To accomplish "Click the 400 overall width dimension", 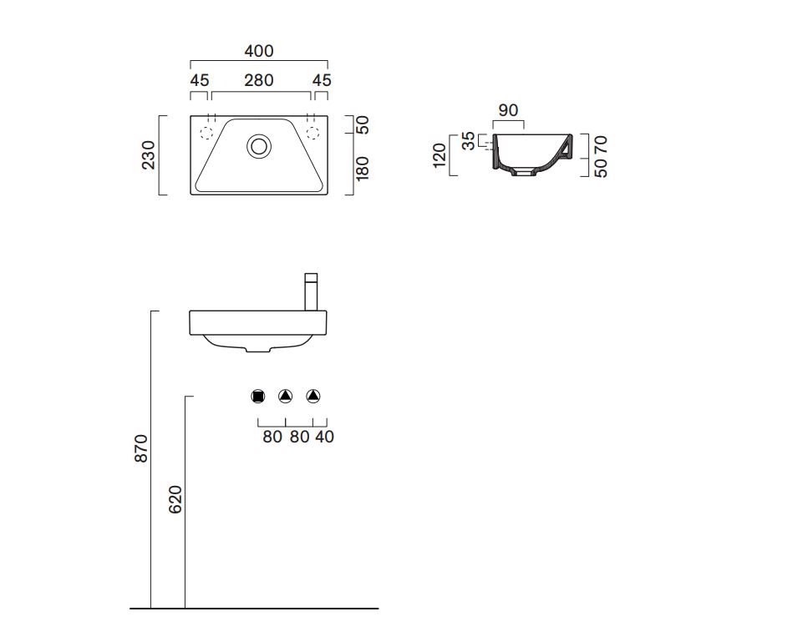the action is pyautogui.click(x=259, y=51).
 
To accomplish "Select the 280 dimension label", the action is pyautogui.click(x=259, y=80).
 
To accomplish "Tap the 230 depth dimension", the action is pyautogui.click(x=148, y=155).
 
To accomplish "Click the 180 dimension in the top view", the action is pyautogui.click(x=363, y=169).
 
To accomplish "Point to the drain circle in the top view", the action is pyautogui.click(x=259, y=146).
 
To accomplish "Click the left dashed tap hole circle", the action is pyautogui.click(x=206, y=133).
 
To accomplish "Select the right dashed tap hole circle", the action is pyautogui.click(x=313, y=133).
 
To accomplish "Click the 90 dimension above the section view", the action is pyautogui.click(x=508, y=110).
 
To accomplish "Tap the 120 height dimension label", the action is pyautogui.click(x=439, y=155).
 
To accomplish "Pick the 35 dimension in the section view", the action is pyautogui.click(x=468, y=140).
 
